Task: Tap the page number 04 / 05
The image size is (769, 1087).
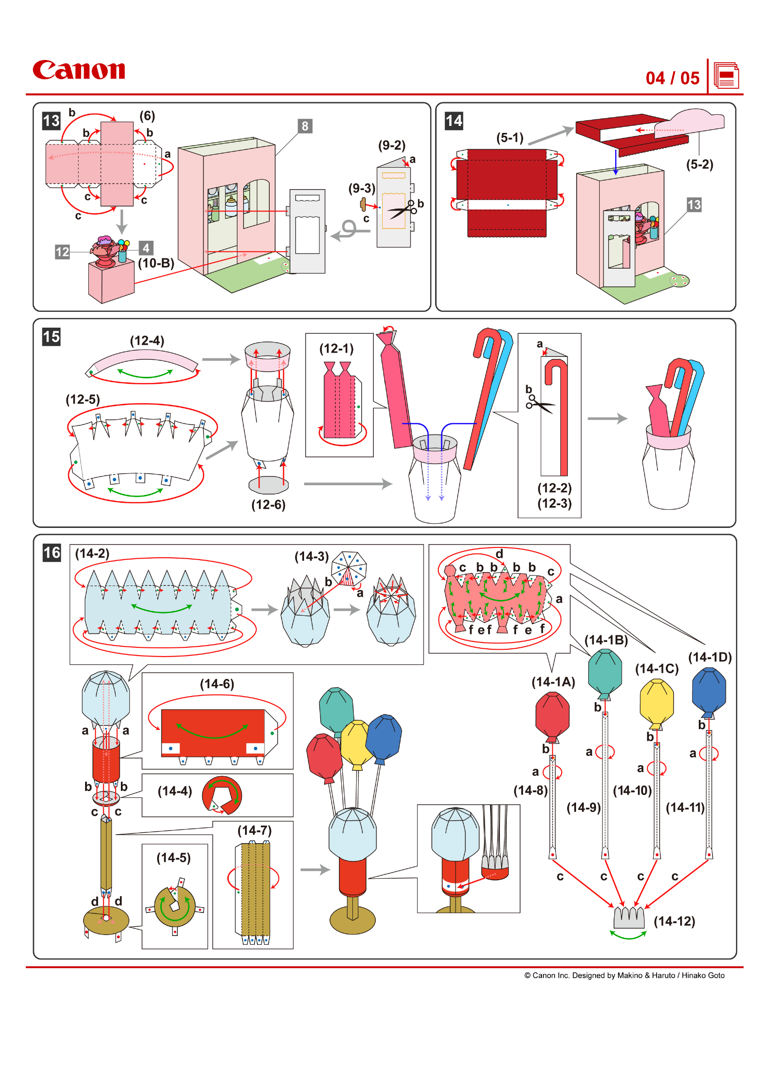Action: click(x=672, y=78)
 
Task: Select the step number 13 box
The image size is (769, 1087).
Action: click(x=51, y=121)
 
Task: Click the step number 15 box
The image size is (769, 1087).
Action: click(x=51, y=336)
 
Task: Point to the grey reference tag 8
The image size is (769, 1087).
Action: click(x=305, y=126)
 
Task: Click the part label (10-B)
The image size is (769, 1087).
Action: click(x=156, y=263)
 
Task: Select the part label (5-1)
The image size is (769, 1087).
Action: click(x=510, y=138)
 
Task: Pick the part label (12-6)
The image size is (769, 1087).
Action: click(x=268, y=505)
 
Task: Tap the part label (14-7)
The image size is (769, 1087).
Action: click(x=254, y=830)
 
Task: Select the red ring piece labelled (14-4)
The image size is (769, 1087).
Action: click(x=222, y=795)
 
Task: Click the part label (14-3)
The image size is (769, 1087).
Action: click(x=311, y=556)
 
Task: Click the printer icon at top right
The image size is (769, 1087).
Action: click(x=726, y=76)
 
